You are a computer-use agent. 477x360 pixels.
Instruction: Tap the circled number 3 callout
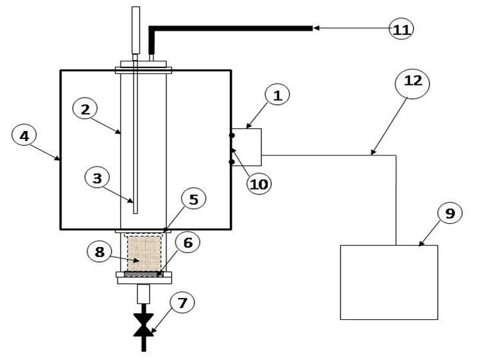(98, 178)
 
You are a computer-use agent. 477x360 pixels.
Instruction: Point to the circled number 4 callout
(25, 136)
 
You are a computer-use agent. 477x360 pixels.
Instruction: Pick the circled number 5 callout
(193, 200)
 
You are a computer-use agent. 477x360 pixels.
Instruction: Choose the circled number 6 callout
(187, 243)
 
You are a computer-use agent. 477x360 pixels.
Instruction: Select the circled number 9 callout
(450, 214)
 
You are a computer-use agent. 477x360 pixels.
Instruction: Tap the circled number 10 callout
(259, 184)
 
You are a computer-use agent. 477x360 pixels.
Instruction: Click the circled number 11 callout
(402, 29)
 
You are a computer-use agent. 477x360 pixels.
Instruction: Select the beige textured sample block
(144, 253)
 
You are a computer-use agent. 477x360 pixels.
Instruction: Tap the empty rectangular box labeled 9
(389, 282)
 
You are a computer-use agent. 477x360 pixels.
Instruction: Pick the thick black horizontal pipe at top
(234, 28)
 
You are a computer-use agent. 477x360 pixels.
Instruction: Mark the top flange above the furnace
(144, 68)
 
